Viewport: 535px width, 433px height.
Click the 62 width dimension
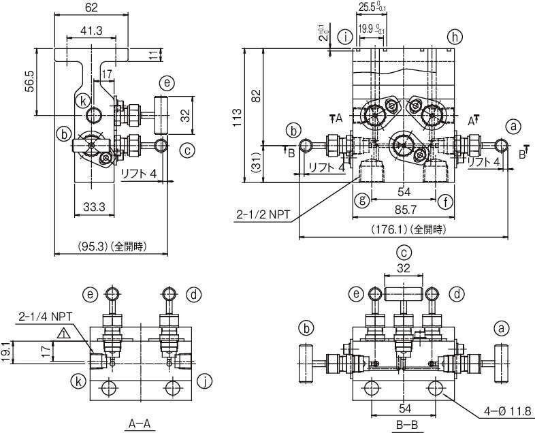pos(91,7)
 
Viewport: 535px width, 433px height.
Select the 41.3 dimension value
pos(91,31)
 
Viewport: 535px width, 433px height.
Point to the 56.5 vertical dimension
pos(29,81)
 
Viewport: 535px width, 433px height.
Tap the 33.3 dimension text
pos(94,207)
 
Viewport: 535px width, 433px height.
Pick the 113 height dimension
pos(237,117)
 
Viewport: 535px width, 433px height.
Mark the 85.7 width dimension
pos(406,210)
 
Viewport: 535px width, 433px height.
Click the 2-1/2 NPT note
pos(263,214)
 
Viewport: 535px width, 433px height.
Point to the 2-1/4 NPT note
pos(46,317)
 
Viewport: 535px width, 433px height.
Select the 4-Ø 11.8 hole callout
pos(508,411)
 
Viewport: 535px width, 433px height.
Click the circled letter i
pos(346,37)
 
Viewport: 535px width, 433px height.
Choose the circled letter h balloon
pos(455,37)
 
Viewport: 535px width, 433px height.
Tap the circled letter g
pos(362,200)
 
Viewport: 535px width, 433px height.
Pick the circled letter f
pos(445,202)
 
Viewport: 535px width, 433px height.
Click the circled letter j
pos(205,381)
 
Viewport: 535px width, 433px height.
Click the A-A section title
pos(140,423)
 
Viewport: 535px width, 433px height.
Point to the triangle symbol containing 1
pos(64,333)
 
